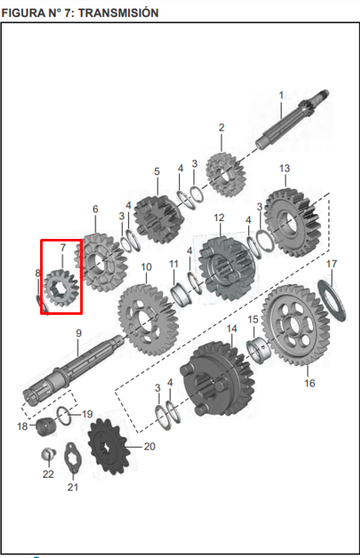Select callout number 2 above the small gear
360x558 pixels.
[x=221, y=128]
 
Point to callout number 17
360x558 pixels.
[x=332, y=264]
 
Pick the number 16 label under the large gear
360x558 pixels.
[x=310, y=383]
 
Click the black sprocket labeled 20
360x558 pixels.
[x=107, y=445]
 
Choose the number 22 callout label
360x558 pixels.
[x=48, y=474]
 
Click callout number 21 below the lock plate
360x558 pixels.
[x=73, y=487]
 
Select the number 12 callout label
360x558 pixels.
[x=219, y=218]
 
